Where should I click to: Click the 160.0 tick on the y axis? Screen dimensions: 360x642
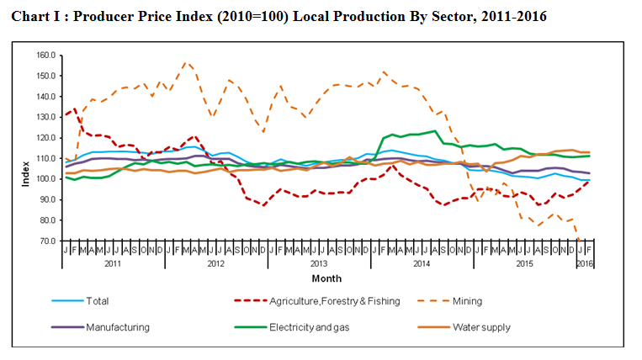45,56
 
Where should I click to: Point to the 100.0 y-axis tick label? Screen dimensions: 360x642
45,179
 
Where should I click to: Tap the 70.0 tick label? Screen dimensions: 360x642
46,241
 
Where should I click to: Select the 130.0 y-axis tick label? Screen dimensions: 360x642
45,117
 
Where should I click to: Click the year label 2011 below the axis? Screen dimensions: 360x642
112,263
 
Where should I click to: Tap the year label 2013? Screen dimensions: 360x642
317,263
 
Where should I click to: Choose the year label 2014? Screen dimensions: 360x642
420,263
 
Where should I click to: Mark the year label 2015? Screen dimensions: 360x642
523,263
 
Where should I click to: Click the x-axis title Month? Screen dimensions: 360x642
326,278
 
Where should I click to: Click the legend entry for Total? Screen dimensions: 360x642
98,300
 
